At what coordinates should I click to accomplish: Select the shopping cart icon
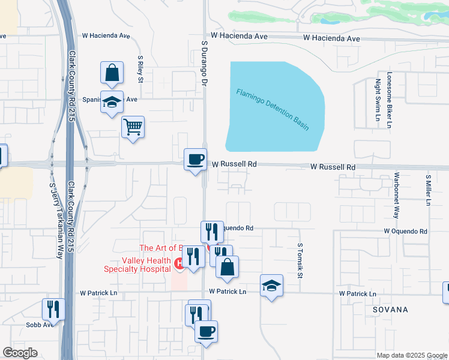133,127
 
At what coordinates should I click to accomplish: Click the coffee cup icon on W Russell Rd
195,160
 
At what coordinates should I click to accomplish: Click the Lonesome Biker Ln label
389,101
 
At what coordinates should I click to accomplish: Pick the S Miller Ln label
429,190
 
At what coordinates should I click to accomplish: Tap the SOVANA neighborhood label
390,310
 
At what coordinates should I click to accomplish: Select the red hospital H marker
178,263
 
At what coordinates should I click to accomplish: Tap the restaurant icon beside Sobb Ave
53,309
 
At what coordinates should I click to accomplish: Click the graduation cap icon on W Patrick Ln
271,286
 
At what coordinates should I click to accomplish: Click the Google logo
20,353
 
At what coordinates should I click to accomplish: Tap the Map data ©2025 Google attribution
412,355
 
